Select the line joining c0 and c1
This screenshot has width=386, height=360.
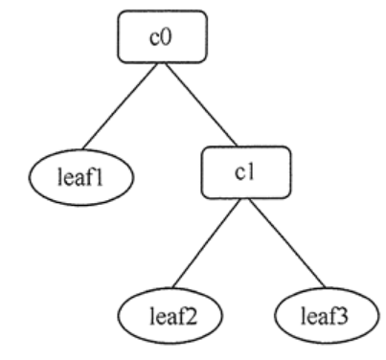(x=198, y=105)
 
